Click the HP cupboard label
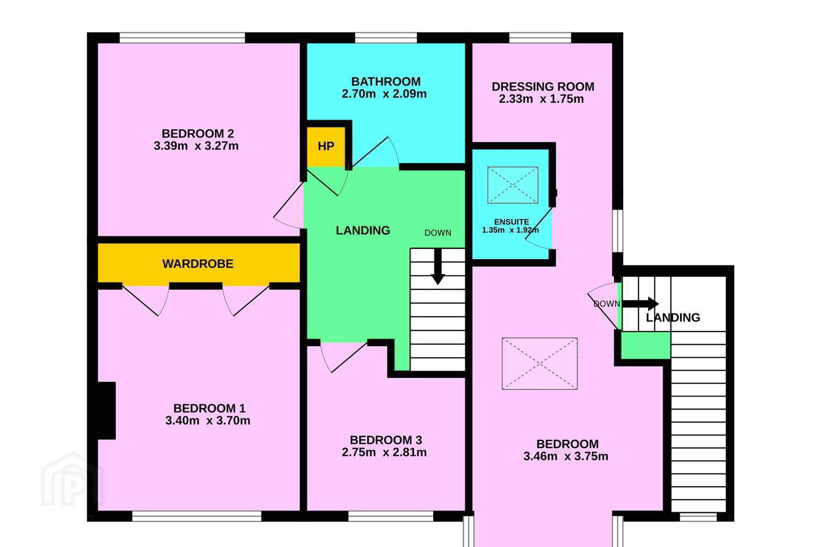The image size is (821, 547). [x=326, y=146]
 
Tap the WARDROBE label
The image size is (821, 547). [x=198, y=264]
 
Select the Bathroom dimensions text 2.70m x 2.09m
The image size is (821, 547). [x=384, y=94]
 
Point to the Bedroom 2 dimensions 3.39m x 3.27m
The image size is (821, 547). [x=196, y=146]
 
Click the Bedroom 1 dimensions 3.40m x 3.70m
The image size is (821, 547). [x=208, y=421]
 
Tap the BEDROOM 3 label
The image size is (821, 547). [x=386, y=440]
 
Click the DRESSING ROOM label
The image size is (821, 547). [x=543, y=87]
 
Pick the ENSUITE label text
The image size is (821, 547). [x=511, y=222]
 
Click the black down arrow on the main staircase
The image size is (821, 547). [x=438, y=267]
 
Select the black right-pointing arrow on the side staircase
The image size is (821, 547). [x=641, y=304]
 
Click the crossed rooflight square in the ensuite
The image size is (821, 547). [x=513, y=185]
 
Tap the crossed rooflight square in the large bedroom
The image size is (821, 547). [x=540, y=364]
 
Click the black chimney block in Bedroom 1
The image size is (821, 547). [x=107, y=411]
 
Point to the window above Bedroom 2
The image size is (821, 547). [x=182, y=38]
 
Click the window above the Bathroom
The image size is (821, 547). [x=386, y=38]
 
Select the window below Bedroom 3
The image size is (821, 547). [x=391, y=516]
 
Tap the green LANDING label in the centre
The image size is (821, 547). [x=363, y=230]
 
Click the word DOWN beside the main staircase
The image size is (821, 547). [x=438, y=233]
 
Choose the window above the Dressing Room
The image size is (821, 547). [x=540, y=38]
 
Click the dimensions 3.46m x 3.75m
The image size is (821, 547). [x=566, y=456]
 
